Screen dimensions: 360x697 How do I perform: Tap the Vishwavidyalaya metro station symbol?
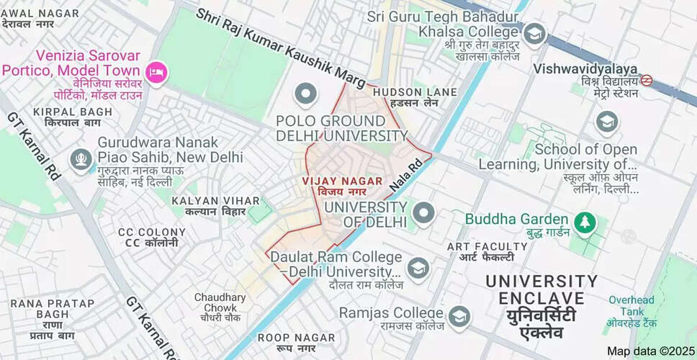point(646,81)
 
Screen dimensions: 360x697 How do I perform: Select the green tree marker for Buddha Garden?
point(585,222)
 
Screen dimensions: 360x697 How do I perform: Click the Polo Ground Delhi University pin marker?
point(307,94)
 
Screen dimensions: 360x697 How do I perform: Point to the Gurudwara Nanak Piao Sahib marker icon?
point(81,159)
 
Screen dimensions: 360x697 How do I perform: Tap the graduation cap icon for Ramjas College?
point(459,316)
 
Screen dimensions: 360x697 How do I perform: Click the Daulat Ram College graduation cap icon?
point(418,269)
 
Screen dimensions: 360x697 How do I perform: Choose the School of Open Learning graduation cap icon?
point(607,122)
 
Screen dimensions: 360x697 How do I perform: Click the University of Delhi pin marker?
point(423,212)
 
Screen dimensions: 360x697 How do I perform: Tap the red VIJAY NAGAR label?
point(341,182)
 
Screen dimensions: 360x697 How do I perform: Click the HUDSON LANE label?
point(415,92)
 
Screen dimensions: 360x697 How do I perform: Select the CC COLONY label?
point(152,233)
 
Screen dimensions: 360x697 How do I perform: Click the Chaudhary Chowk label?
point(220,297)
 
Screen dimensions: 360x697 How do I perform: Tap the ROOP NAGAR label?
point(296,338)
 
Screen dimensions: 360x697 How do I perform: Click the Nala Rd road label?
point(405,176)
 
